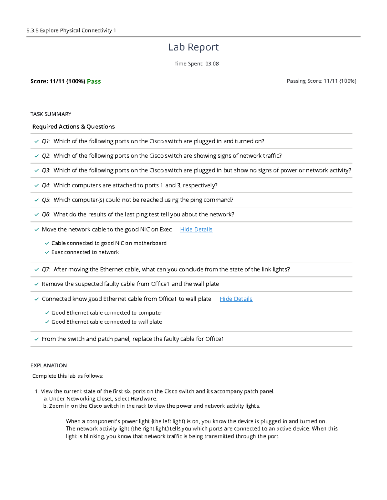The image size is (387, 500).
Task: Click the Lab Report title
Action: (x=193, y=47)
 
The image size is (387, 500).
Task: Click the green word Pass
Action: (x=94, y=81)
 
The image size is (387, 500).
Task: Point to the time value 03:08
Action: (x=212, y=64)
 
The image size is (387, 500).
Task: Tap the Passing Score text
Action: (x=321, y=81)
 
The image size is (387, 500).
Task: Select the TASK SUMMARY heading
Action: (x=51, y=114)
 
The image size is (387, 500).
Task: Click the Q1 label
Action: (x=46, y=141)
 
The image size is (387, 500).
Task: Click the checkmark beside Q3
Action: (x=36, y=171)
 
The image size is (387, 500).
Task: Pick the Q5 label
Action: (x=46, y=200)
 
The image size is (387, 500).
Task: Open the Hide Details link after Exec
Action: (x=196, y=229)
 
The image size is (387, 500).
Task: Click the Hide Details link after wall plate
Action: (x=236, y=299)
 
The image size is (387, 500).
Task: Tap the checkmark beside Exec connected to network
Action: (x=47, y=252)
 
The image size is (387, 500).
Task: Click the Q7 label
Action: (x=46, y=269)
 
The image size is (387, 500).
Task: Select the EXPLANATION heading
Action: (x=48, y=365)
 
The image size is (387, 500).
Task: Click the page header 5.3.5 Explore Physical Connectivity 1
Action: (x=71, y=31)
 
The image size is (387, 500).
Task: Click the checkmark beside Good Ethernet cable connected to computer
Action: (x=47, y=313)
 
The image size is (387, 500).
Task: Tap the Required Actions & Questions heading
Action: (x=74, y=127)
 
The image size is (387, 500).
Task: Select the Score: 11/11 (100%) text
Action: (x=58, y=81)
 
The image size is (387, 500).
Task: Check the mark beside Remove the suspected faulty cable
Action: (x=36, y=284)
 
